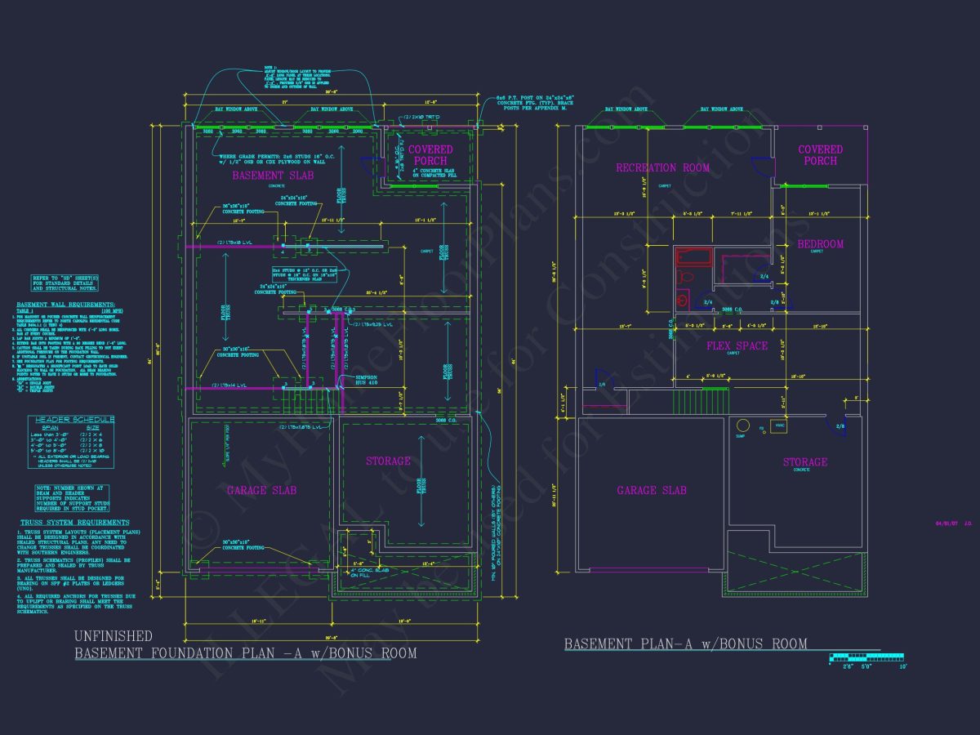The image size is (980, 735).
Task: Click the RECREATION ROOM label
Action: click(x=662, y=167)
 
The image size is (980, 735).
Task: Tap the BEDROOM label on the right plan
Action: click(x=820, y=243)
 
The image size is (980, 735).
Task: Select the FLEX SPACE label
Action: click(x=737, y=345)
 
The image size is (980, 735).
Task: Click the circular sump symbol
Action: click(x=742, y=425)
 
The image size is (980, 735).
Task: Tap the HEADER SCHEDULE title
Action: click(x=71, y=419)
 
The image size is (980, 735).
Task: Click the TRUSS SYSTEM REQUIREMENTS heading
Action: click(x=74, y=522)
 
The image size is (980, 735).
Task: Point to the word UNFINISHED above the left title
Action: click(x=113, y=635)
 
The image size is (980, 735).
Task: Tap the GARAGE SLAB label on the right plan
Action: click(x=651, y=490)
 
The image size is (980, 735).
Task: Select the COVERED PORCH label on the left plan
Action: click(x=430, y=155)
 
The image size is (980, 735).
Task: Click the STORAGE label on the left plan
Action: click(x=388, y=461)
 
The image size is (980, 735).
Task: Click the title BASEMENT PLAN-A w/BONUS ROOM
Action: click(x=685, y=644)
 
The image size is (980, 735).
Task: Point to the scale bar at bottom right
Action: click(x=866, y=657)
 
